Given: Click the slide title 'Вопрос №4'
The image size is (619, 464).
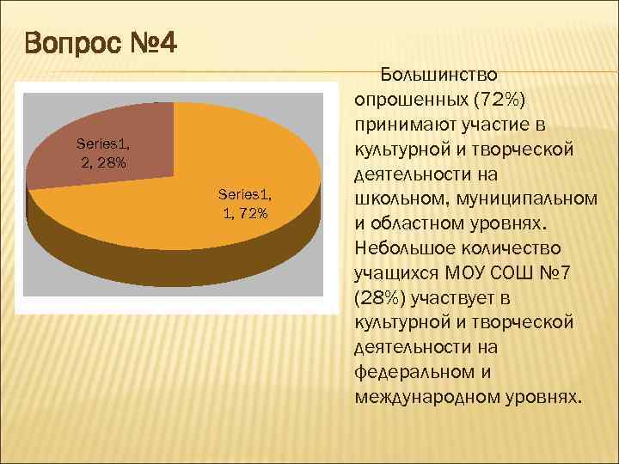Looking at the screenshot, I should pyautogui.click(x=101, y=40).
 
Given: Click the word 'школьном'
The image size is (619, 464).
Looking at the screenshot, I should pyautogui.click(x=392, y=198).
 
